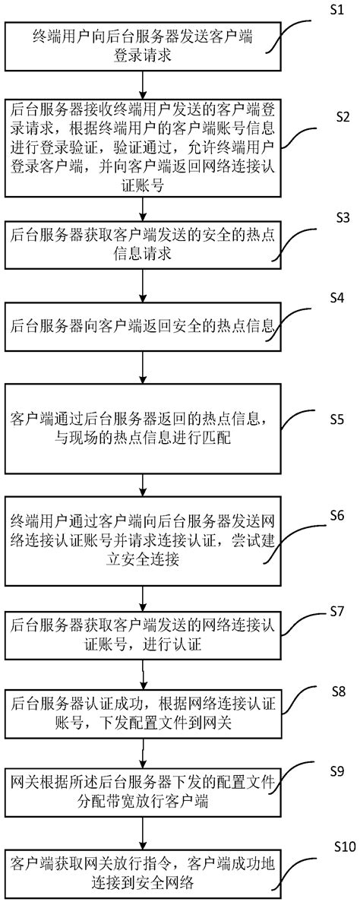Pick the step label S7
click(x=337, y=611)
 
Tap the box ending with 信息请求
click(x=144, y=245)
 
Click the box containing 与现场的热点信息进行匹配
click(x=144, y=428)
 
